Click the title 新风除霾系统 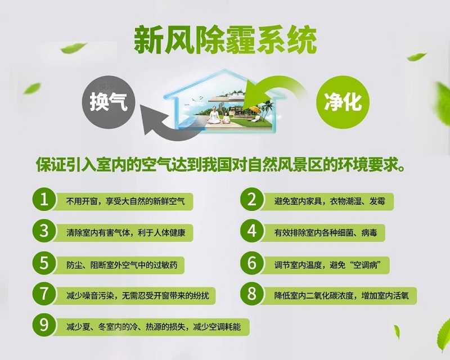click(x=225, y=40)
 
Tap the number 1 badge click(x=44, y=200)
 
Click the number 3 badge click(x=44, y=231)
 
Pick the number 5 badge click(x=44, y=263)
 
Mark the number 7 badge click(x=44, y=294)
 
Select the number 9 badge click(x=44, y=326)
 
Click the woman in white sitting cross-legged click(x=213, y=115)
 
